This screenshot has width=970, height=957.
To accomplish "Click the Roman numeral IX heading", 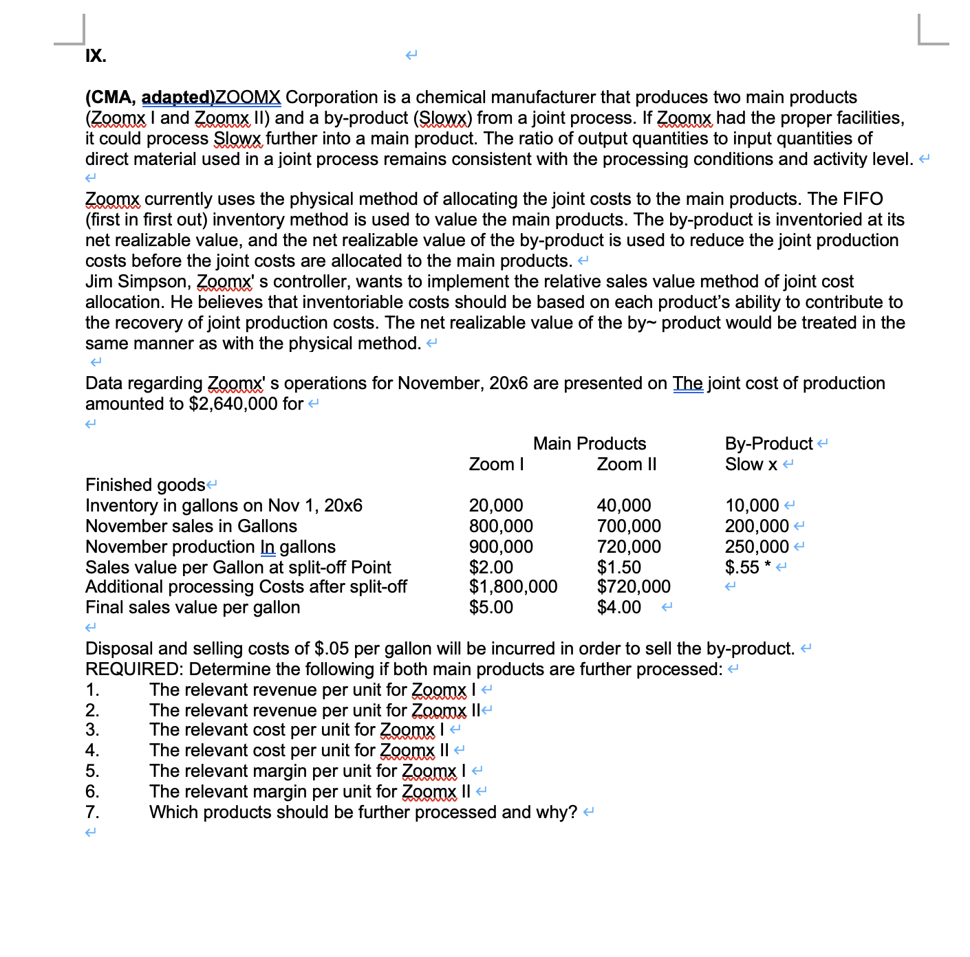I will [96, 56].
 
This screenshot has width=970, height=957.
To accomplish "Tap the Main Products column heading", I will [590, 443].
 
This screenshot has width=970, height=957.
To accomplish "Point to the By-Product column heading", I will [768, 443].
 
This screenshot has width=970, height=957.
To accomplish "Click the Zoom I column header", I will [496, 464].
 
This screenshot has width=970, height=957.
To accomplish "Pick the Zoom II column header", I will [626, 464].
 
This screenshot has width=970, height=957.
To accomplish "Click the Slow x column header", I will [751, 464].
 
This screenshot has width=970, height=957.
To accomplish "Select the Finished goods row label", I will [145, 485].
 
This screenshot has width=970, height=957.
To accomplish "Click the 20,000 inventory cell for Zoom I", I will [496, 505].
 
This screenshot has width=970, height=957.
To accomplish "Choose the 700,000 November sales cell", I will [629, 526].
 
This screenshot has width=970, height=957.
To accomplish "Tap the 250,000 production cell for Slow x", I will [757, 547].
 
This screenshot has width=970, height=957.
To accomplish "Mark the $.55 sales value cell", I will [742, 567].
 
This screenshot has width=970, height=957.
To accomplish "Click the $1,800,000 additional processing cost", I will [513, 586].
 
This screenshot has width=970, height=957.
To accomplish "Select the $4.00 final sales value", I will [618, 607].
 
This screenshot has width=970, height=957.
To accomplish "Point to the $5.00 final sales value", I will [491, 607].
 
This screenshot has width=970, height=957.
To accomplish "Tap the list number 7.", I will [92, 812].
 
